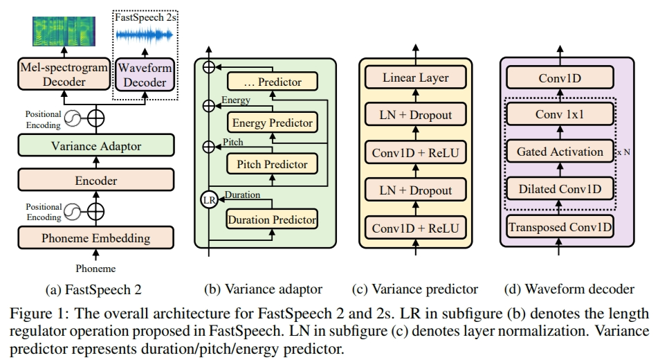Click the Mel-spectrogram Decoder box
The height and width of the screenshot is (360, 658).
coord(64,74)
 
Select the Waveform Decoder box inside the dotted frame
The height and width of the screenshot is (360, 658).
coord(144,74)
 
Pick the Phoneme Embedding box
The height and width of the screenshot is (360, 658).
coord(95,238)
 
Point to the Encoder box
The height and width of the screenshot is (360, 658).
coord(95,181)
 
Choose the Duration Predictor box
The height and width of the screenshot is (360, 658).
coord(271,220)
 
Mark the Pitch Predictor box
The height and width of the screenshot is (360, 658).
coord(272,165)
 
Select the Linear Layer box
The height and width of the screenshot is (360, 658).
coord(415,78)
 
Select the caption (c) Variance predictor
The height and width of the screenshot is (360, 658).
coord(414,288)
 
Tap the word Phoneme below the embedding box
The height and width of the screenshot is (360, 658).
coord(95,269)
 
